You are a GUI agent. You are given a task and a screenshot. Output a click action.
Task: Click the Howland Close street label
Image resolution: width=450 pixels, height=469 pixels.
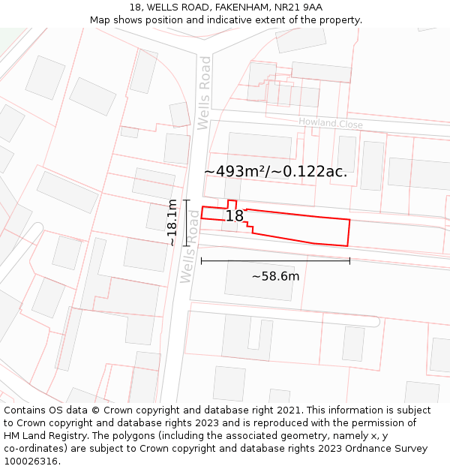click(330, 123)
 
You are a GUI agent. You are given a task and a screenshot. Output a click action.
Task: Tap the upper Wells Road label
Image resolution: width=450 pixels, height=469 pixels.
click(204, 93)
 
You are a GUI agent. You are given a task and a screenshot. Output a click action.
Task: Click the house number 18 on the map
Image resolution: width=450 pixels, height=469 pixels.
click(235, 216)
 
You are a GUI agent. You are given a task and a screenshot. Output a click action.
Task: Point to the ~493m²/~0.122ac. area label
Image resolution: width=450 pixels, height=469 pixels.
click(275, 171)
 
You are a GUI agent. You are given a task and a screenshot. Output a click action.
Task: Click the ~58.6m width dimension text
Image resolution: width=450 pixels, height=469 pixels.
click(275, 276)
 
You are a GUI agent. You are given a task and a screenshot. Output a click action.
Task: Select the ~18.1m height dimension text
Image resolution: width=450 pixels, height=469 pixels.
click(172, 223)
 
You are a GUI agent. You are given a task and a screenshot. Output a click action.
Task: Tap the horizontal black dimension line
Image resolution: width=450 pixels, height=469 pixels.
click(275, 261)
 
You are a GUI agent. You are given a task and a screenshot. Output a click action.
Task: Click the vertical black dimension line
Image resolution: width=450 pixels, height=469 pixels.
click(187, 223)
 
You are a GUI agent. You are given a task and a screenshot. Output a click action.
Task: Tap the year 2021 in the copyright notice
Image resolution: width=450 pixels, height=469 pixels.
click(287, 410)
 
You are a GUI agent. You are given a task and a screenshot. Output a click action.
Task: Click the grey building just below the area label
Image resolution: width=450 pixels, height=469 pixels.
click(259, 146)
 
